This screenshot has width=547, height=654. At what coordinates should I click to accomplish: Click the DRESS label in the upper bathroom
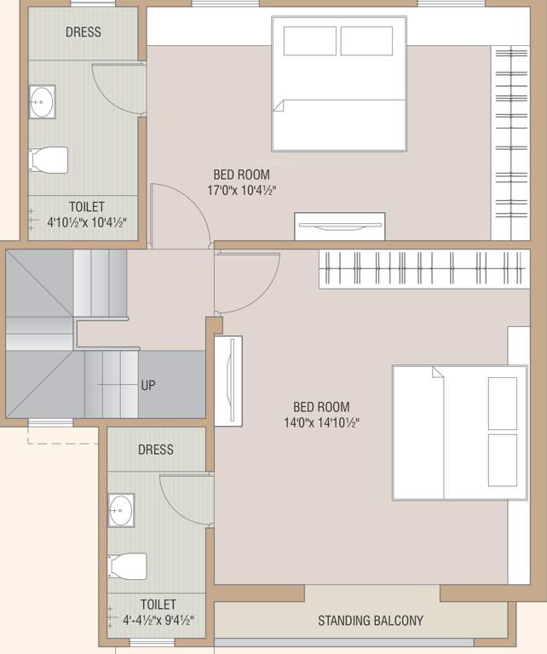(x=83, y=32)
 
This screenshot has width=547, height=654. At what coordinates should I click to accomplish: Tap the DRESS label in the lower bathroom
(x=155, y=450)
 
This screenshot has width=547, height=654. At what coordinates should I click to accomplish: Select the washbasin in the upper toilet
(x=41, y=101)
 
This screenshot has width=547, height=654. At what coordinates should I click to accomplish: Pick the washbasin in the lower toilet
(x=121, y=510)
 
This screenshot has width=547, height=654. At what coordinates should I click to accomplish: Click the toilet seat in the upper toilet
(x=49, y=159)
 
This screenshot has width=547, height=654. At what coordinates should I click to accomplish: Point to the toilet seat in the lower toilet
(x=127, y=565)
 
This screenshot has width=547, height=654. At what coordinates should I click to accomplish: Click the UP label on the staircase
(x=148, y=385)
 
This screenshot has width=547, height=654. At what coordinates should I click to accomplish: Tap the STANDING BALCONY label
(x=370, y=621)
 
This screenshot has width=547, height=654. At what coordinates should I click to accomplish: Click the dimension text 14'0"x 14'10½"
(x=321, y=422)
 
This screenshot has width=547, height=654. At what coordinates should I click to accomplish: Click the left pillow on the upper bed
(x=309, y=41)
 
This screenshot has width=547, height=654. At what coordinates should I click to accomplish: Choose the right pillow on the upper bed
(x=366, y=41)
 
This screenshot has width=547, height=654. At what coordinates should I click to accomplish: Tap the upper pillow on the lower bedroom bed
(x=503, y=402)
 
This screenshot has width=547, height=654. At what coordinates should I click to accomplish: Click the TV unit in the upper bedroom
(x=339, y=226)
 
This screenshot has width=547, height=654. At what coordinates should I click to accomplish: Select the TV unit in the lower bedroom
(x=228, y=381)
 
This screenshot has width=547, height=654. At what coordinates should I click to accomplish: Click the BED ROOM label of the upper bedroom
(x=242, y=175)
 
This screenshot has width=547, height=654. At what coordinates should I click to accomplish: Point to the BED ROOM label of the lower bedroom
(x=321, y=407)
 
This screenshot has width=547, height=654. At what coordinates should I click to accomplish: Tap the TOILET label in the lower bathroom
(x=158, y=605)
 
